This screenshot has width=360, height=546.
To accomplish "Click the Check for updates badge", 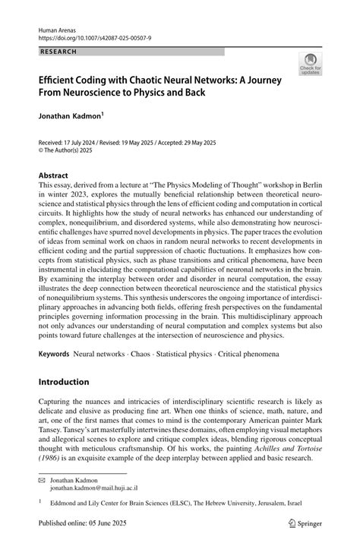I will coord(310,65).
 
